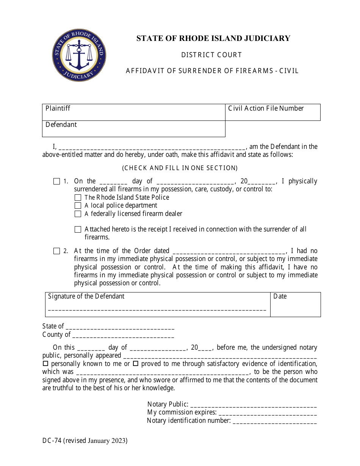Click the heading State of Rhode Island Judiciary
(x=213, y=38)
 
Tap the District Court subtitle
(x=211, y=55)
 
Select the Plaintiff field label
(x=58, y=108)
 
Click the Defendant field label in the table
(x=61, y=125)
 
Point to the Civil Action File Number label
(x=266, y=108)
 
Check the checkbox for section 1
(x=56, y=181)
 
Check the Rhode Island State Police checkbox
(x=78, y=197)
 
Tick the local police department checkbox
(x=78, y=206)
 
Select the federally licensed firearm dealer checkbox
(x=78, y=214)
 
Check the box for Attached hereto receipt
(x=78, y=230)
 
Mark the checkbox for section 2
(x=56, y=251)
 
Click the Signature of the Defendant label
(x=86, y=296)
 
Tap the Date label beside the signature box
(x=280, y=296)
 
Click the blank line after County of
(x=123, y=335)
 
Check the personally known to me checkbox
(x=45, y=364)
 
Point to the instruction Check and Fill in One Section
(x=180, y=168)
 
